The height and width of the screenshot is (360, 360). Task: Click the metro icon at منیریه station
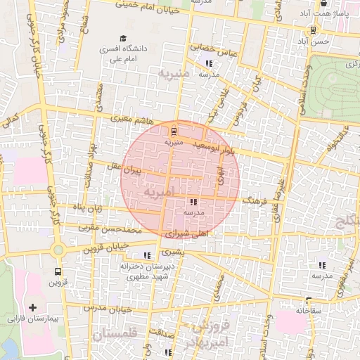coord(174,131)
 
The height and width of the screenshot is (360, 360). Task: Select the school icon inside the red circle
coord(193,202)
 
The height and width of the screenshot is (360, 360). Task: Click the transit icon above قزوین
coord(57,271)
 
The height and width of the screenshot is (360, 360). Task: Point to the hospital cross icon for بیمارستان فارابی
coord(32,308)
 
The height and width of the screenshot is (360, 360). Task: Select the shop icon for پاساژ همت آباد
coord(323,3)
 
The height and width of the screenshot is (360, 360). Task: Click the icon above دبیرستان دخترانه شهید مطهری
coord(147,255)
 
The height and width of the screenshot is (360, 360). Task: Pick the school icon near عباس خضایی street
coord(209,64)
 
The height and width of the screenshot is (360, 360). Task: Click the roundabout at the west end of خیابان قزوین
coord(56,249)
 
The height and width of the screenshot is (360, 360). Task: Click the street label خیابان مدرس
coord(104,308)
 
